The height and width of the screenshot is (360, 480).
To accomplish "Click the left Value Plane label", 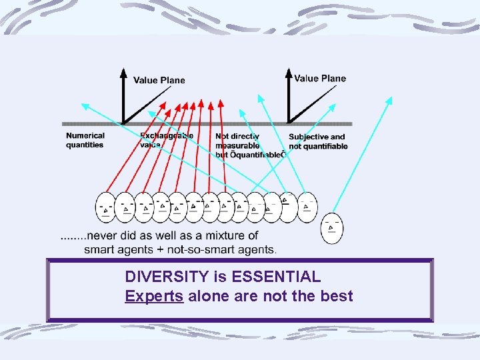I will (159, 81).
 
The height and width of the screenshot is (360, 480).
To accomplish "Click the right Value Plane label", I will (320, 79).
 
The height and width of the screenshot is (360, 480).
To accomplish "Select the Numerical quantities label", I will (85, 140).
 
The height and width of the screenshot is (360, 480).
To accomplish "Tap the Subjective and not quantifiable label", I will (318, 142).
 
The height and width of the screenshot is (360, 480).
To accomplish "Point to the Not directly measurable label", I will (237, 141).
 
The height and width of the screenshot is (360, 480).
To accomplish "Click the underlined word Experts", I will (154, 296).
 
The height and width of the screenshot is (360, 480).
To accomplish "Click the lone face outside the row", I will (331, 228).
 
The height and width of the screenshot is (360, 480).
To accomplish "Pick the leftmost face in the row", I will (106, 207).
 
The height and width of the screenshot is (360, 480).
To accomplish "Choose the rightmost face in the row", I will (307, 207).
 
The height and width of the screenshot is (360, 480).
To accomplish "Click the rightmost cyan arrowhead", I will (390, 100).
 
